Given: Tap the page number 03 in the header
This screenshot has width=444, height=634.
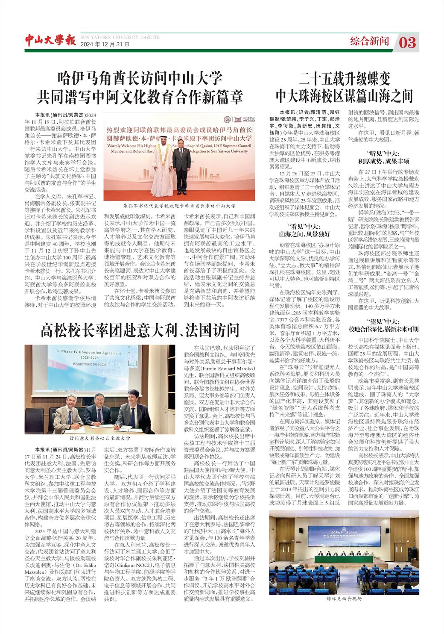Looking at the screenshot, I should point(408,42).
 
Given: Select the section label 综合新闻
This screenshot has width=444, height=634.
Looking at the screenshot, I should point(369,41).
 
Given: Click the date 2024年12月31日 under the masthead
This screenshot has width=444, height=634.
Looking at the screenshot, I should point(105,44).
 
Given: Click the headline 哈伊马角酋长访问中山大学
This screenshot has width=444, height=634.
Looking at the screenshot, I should point(140,79).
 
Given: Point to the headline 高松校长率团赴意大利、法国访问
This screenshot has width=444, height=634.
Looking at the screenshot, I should point(140,330).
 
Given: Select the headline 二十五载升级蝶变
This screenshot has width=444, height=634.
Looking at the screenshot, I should point(345,78).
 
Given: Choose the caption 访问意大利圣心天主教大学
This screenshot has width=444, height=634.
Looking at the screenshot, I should point(99,439).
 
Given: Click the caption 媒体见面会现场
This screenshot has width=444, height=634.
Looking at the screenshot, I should point(344,599).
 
